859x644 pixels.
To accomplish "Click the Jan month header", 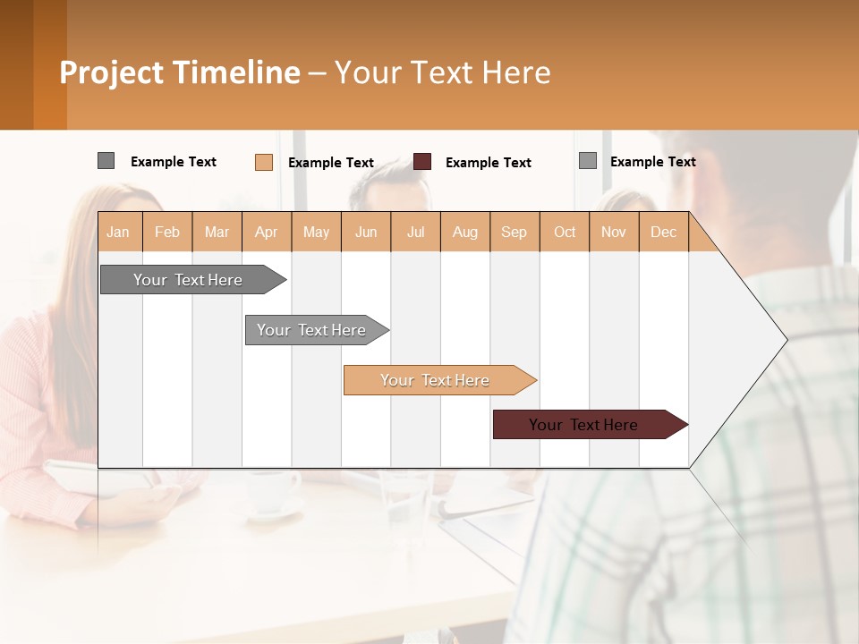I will click(x=118, y=232).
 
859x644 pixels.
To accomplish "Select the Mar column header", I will click(x=217, y=232).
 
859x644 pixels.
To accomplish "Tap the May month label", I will click(x=316, y=232).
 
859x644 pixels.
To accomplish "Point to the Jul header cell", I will click(x=415, y=232).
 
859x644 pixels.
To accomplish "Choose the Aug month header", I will click(x=464, y=232).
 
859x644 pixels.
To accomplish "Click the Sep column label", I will click(x=514, y=232).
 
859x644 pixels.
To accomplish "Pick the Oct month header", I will click(x=565, y=232).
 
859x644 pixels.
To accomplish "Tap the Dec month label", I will click(x=663, y=232).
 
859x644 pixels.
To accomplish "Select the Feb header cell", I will click(x=167, y=232).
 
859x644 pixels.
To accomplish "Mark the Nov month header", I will click(x=613, y=232).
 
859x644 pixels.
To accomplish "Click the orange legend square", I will click(x=264, y=162).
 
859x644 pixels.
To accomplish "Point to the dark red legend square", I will click(x=422, y=162).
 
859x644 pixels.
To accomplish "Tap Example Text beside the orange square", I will click(x=331, y=163).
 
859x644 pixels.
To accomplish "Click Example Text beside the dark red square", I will click(x=489, y=163).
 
